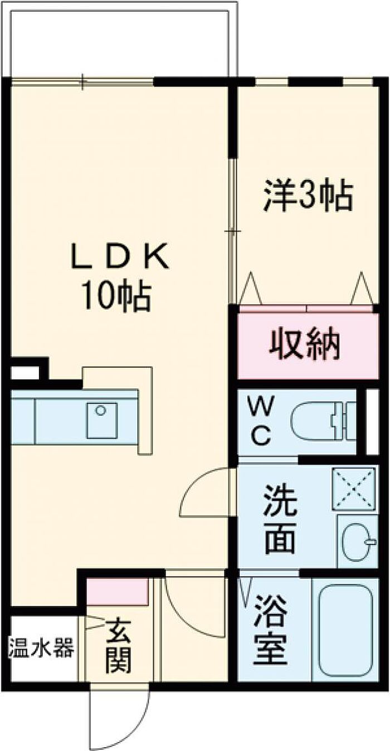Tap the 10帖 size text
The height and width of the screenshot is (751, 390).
[x=117, y=296]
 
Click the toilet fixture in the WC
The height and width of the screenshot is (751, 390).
[x=320, y=422]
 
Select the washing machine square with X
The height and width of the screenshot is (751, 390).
[x=354, y=488]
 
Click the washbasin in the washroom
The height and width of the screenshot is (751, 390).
[x=357, y=541]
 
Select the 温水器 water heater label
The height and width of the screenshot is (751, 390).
[x=41, y=649]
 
